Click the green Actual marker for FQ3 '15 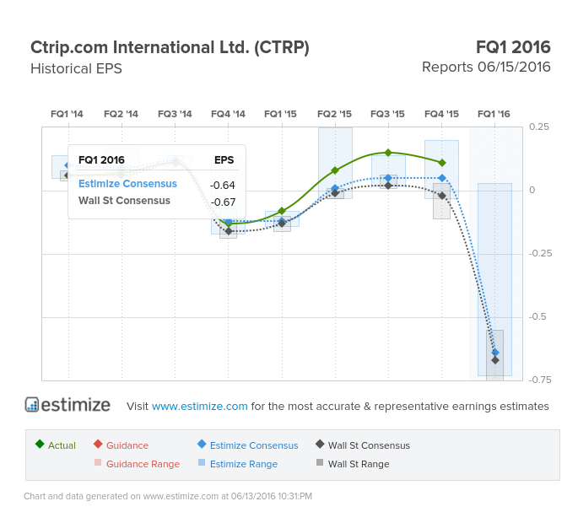(x=388, y=153)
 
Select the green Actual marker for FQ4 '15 (x=442, y=163)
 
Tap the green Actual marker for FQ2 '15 (x=335, y=170)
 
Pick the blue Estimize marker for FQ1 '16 (x=495, y=353)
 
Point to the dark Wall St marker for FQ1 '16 (x=495, y=360)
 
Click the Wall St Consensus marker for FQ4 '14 (x=229, y=231)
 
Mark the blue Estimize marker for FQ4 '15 (x=442, y=178)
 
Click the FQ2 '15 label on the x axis (x=334, y=114)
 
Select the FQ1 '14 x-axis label (x=67, y=114)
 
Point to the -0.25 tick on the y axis (x=540, y=254)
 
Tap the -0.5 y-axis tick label (x=537, y=316)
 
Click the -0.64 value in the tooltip (x=222, y=185)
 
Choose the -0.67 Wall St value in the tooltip (x=223, y=202)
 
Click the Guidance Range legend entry (x=138, y=464)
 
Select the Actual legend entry (x=56, y=445)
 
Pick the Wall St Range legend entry (x=353, y=464)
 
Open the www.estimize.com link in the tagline (x=199, y=406)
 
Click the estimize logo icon (x=32, y=404)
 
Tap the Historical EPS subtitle (x=76, y=68)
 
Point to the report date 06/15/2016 (x=514, y=67)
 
